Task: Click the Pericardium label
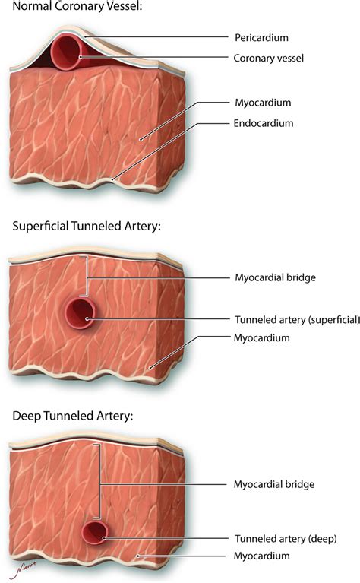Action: pos(261,37)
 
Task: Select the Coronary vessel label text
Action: pos(269,59)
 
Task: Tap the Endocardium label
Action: pos(264,123)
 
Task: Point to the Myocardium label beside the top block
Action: pos(263,103)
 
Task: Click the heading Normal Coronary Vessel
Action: pos(77,6)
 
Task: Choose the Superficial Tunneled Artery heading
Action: pos(87,226)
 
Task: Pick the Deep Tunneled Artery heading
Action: pos(73,416)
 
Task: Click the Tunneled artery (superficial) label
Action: pos(297,320)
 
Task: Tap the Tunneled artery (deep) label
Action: pos(286,539)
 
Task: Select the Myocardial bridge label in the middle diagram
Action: pos(275,277)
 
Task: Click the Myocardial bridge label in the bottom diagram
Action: pos(274,484)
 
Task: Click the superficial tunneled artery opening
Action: pos(81,313)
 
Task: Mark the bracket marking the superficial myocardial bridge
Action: pos(86,276)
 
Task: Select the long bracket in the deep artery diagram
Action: pos(99,481)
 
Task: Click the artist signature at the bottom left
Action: pos(22,569)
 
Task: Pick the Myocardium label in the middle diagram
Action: pos(261,338)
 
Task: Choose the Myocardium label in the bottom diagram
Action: pos(261,556)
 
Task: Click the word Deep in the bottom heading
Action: pos(27,416)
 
